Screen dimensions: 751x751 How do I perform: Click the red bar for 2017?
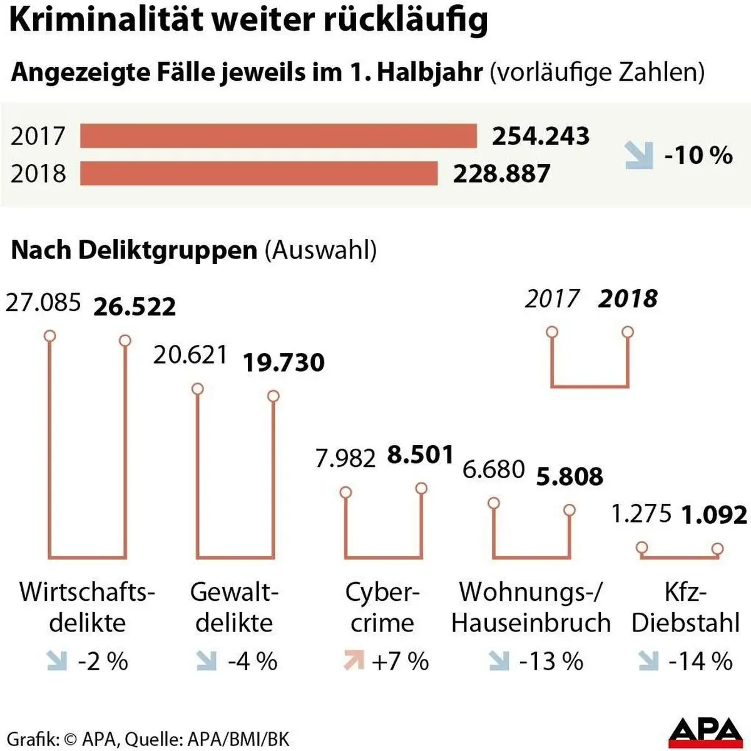[x=278, y=136]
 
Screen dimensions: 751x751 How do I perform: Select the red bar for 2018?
[x=258, y=173]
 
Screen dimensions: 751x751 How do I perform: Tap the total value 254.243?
[x=541, y=136]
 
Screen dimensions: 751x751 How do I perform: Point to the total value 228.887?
[x=502, y=173]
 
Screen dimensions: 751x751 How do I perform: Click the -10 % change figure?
[x=698, y=155]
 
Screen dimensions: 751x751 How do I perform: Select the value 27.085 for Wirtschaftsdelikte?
[x=44, y=302]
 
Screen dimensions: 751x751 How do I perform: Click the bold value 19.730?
[x=284, y=363]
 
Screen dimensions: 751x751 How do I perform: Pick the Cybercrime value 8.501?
[x=420, y=455]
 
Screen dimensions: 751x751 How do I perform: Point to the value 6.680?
[x=493, y=469]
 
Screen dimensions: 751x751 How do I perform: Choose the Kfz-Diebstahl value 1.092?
[x=714, y=515]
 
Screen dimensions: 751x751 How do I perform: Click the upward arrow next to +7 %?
[x=354, y=661]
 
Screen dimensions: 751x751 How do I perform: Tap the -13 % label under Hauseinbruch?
[x=551, y=661]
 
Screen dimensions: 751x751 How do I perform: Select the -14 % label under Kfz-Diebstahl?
[x=700, y=661]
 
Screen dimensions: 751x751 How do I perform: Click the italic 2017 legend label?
[x=553, y=299]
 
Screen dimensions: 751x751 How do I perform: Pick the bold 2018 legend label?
[x=628, y=299]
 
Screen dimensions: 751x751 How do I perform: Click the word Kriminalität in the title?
[x=97, y=20]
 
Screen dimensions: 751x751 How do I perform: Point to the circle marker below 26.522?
[x=125, y=340]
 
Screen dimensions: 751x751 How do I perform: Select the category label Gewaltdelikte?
[x=234, y=607]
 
